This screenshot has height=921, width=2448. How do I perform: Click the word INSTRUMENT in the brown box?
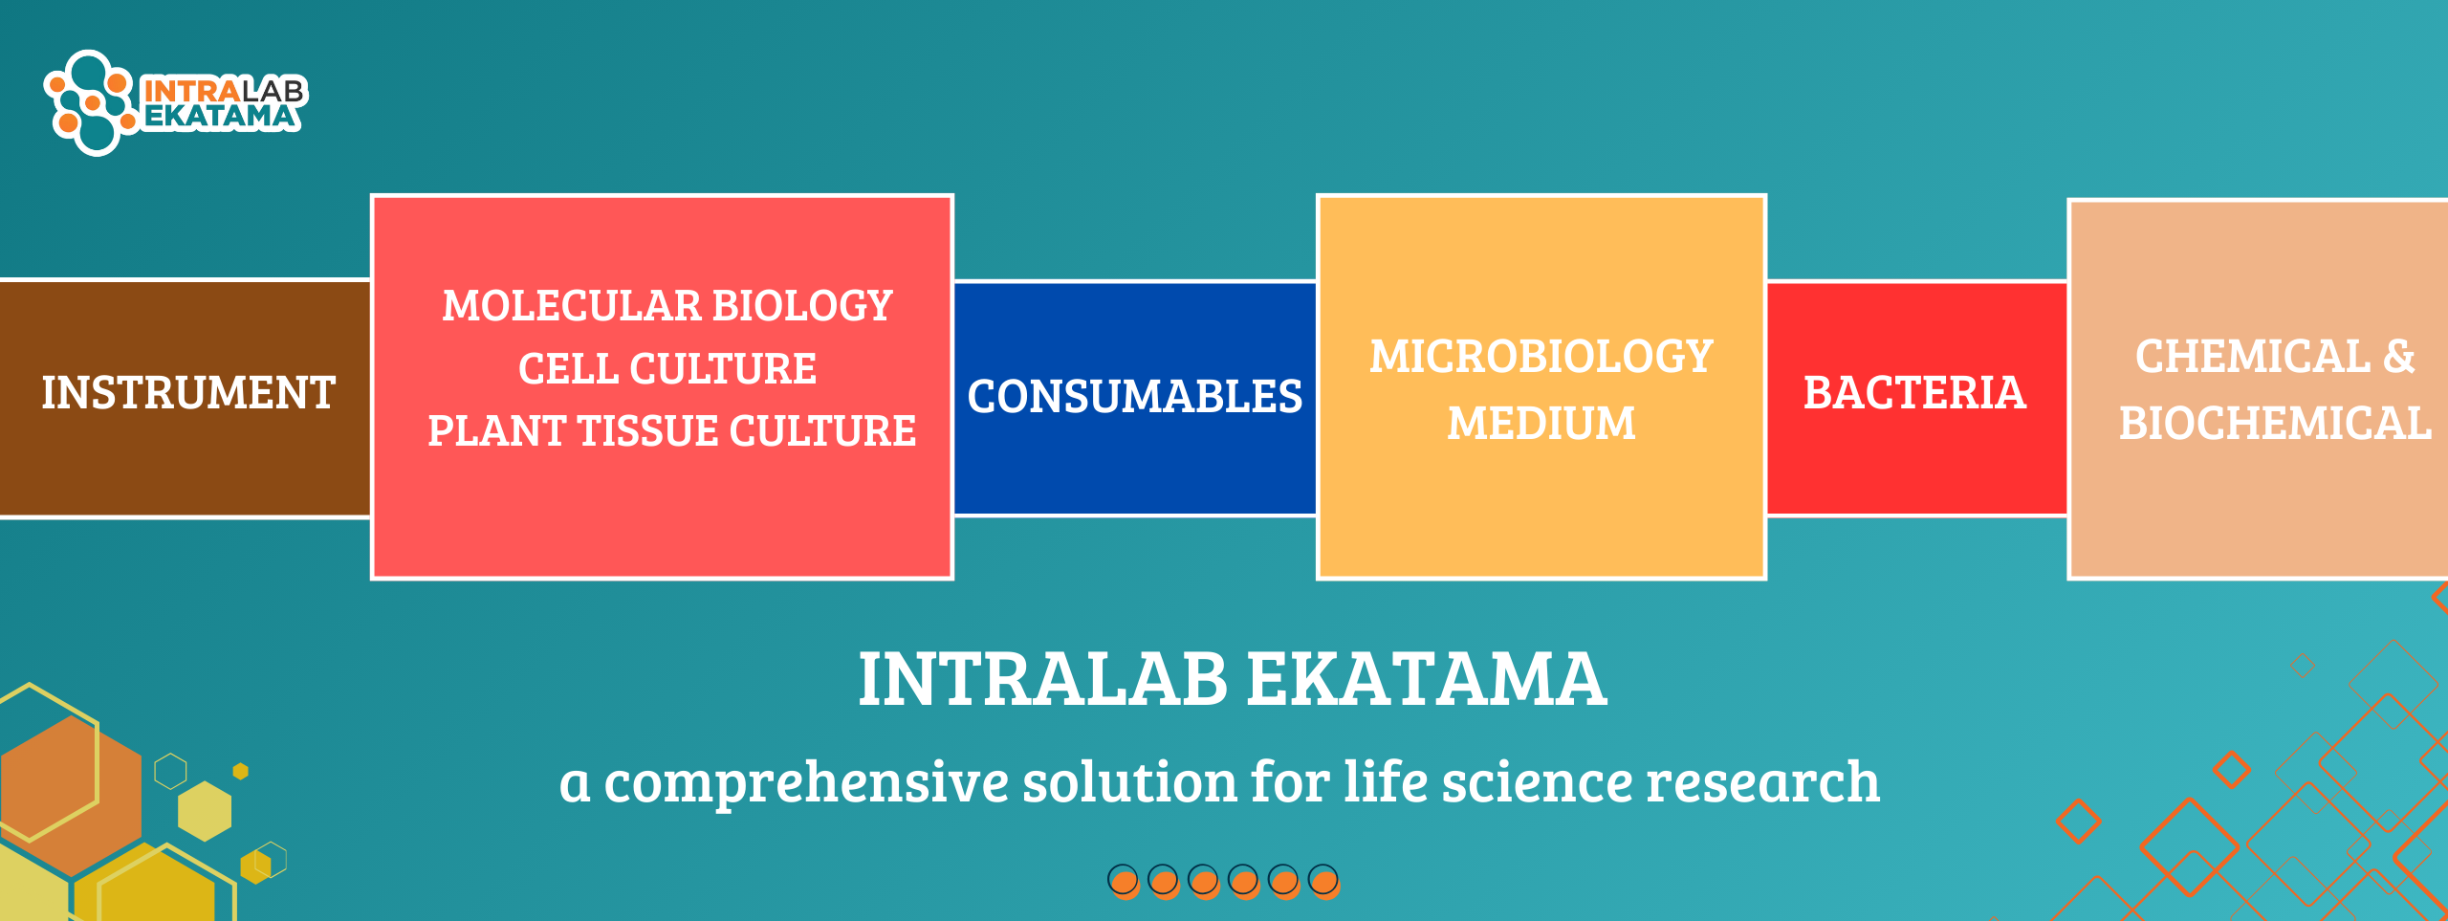(x=188, y=392)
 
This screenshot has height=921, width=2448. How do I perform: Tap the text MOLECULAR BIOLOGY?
(x=667, y=306)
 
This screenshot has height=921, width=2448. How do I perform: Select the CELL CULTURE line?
(x=667, y=369)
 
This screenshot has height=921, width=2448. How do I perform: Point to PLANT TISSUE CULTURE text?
(x=671, y=430)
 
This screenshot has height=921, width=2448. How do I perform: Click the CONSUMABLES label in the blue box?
(x=1135, y=396)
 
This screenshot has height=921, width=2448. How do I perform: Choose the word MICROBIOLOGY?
(x=1541, y=357)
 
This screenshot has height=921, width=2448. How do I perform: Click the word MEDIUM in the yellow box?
(x=1541, y=424)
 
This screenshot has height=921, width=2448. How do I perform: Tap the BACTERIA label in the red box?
(x=1915, y=393)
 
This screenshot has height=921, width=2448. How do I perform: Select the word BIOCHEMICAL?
(x=2275, y=424)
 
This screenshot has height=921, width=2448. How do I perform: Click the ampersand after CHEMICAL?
(x=2399, y=357)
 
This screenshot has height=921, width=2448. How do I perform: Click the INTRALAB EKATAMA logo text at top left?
(x=224, y=103)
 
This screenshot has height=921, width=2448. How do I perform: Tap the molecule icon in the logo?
(x=92, y=102)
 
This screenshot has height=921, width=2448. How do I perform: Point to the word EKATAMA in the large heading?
(x=1427, y=679)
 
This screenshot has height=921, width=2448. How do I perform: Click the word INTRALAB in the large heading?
(x=1043, y=679)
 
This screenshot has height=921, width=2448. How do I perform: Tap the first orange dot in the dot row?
(x=1124, y=881)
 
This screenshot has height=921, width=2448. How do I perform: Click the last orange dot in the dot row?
(x=1324, y=881)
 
